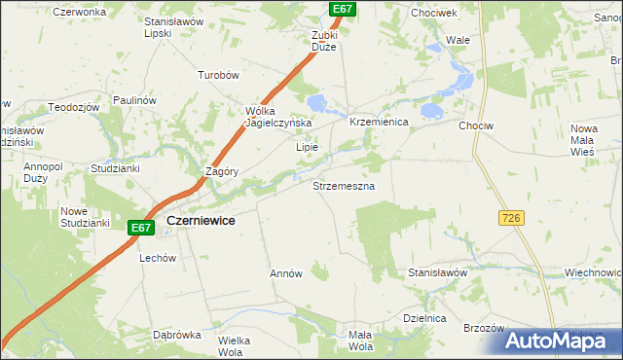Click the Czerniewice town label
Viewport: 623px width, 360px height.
pos(201,221)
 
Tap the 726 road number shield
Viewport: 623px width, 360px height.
pos(513,219)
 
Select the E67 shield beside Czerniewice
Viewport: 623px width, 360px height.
pos(141,228)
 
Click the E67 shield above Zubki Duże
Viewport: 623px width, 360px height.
pos(341,9)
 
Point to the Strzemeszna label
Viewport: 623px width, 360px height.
pos(344,184)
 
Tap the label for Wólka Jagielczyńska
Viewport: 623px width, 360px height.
pos(278,117)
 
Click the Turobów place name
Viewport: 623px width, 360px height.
pos(218,75)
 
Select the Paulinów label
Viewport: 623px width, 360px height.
pos(134,100)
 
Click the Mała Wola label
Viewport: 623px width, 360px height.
pos(360,341)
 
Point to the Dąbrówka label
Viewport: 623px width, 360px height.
pos(176,334)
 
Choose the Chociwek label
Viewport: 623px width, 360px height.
pos(434,13)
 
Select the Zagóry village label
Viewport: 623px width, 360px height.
pos(223,171)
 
